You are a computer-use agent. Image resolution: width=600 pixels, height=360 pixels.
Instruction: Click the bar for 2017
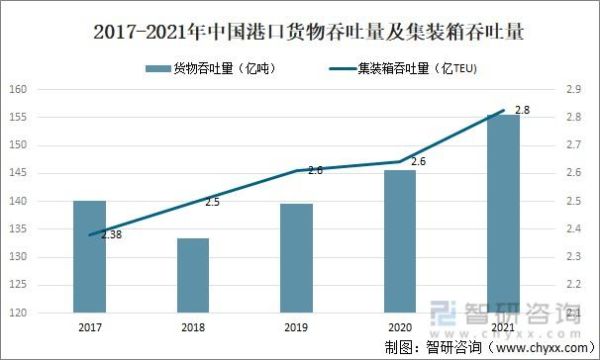[x=90, y=256]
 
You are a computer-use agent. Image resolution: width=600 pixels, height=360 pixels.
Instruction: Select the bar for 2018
[x=193, y=275]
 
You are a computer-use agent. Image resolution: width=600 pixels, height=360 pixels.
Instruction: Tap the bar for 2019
[x=297, y=258]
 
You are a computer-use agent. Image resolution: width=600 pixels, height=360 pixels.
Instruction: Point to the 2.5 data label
[x=212, y=202]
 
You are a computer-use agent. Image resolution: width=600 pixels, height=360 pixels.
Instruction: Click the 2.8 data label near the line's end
[x=521, y=108]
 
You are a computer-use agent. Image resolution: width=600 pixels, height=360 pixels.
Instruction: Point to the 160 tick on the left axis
[x=17, y=89]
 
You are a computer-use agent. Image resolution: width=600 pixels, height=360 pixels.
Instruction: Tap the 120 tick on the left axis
[x=17, y=313]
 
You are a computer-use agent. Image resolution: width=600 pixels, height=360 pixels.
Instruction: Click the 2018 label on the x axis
[x=193, y=326]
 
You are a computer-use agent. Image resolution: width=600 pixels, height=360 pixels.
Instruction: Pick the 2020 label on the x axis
[x=400, y=326]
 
